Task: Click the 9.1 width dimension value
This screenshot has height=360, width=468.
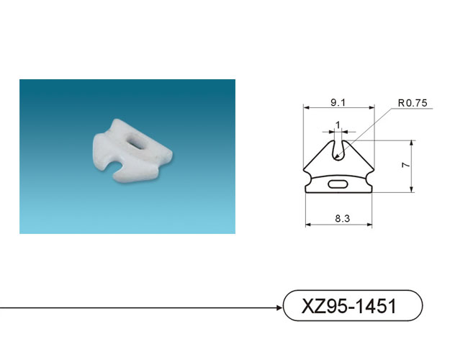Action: [338, 103]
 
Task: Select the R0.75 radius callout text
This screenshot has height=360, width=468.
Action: [413, 103]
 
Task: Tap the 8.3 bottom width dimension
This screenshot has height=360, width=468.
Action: [342, 218]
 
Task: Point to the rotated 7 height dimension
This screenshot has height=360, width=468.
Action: [406, 165]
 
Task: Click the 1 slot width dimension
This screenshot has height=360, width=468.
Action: [338, 125]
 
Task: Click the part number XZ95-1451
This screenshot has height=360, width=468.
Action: [349, 306]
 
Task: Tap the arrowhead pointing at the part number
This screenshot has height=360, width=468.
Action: [279, 307]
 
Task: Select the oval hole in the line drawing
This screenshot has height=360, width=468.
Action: [338, 184]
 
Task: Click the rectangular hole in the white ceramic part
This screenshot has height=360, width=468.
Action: [136, 140]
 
